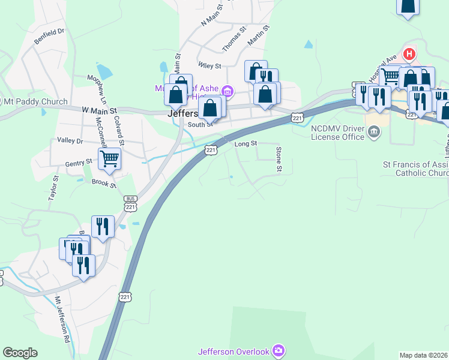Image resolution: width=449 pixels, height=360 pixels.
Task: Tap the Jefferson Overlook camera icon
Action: (x=278, y=350)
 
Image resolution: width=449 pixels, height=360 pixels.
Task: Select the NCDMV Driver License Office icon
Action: (x=373, y=131)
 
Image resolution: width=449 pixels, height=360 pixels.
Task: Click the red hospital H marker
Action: (x=410, y=54)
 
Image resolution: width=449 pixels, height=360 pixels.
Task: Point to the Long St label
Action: (x=246, y=144)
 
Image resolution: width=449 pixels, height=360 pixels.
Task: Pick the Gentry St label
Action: (x=79, y=161)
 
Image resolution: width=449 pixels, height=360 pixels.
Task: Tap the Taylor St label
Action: (x=53, y=187)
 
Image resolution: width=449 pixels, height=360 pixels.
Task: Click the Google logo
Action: (x=20, y=353)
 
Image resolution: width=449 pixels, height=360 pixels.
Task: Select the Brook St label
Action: (x=104, y=183)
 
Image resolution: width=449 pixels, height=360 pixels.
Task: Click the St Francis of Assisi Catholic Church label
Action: (x=415, y=168)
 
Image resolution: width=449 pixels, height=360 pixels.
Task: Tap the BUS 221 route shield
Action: (x=130, y=202)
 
